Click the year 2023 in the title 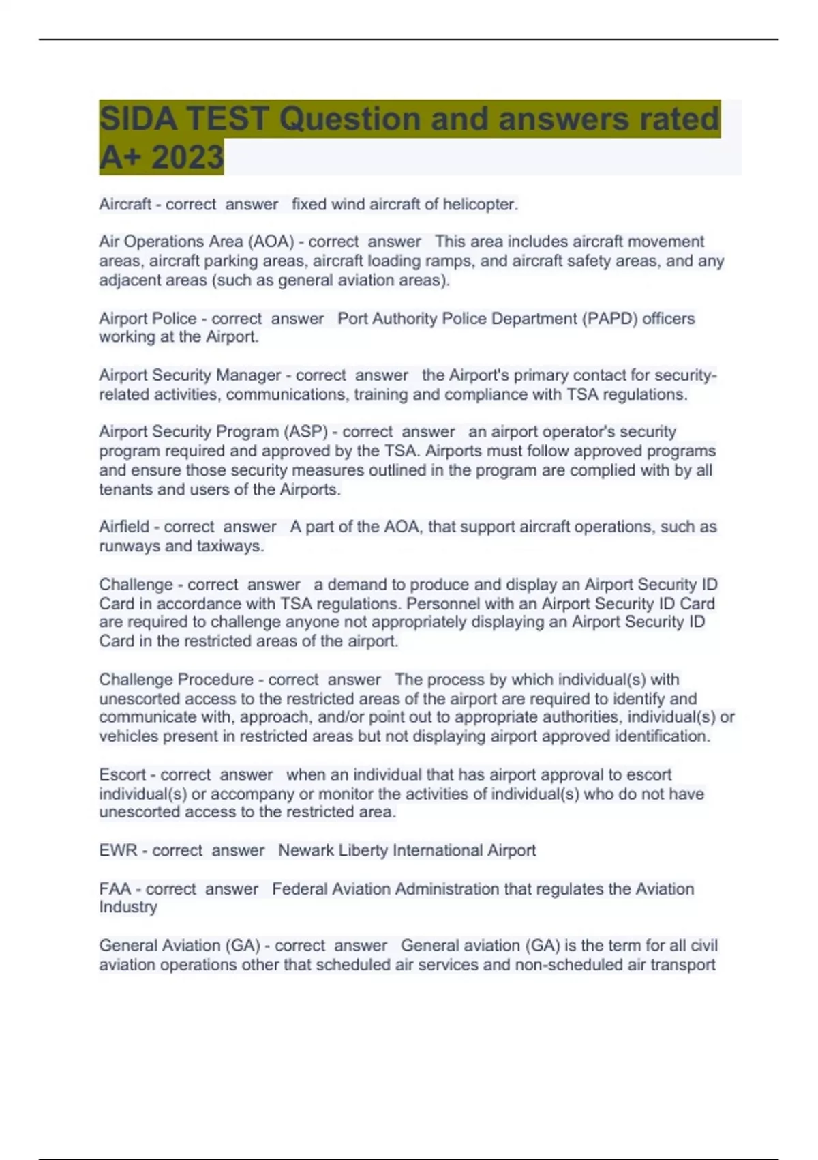tap(187, 157)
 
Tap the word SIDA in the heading tap(138, 119)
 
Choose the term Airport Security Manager tap(190, 375)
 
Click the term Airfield tap(124, 527)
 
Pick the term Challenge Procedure tap(176, 680)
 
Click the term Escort tap(123, 774)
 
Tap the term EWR tap(118, 850)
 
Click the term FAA tap(115, 889)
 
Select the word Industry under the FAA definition tap(127, 907)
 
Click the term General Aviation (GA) tap(179, 946)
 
